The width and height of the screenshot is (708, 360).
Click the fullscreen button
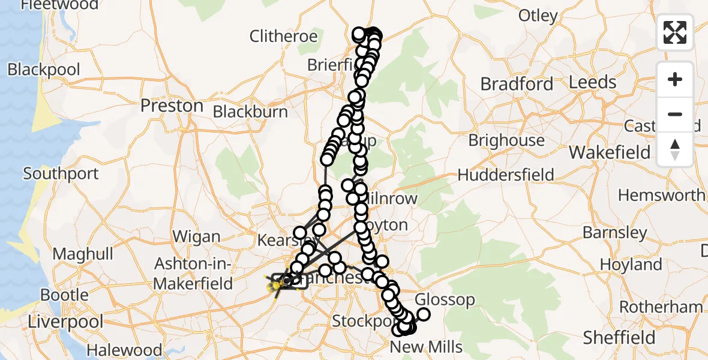click(x=675, y=32)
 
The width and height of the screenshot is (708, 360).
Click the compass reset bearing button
click(x=675, y=149)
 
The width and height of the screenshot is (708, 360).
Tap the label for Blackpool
click(x=44, y=70)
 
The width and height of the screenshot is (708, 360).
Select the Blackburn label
click(x=250, y=112)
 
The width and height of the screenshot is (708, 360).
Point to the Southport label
click(x=61, y=174)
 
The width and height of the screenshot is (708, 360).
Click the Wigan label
click(x=196, y=237)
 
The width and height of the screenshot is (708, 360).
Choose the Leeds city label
click(x=593, y=82)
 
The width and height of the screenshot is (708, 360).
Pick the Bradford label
click(x=517, y=84)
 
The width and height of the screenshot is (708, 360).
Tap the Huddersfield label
click(x=506, y=175)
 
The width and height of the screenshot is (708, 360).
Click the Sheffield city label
click(x=620, y=338)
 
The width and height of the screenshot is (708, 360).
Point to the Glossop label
click(x=445, y=299)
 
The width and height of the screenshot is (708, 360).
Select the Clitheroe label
click(x=283, y=36)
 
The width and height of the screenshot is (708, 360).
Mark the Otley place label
click(x=538, y=16)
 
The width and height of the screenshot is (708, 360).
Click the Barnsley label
click(x=614, y=233)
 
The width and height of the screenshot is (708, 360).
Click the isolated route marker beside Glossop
click(x=424, y=314)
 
